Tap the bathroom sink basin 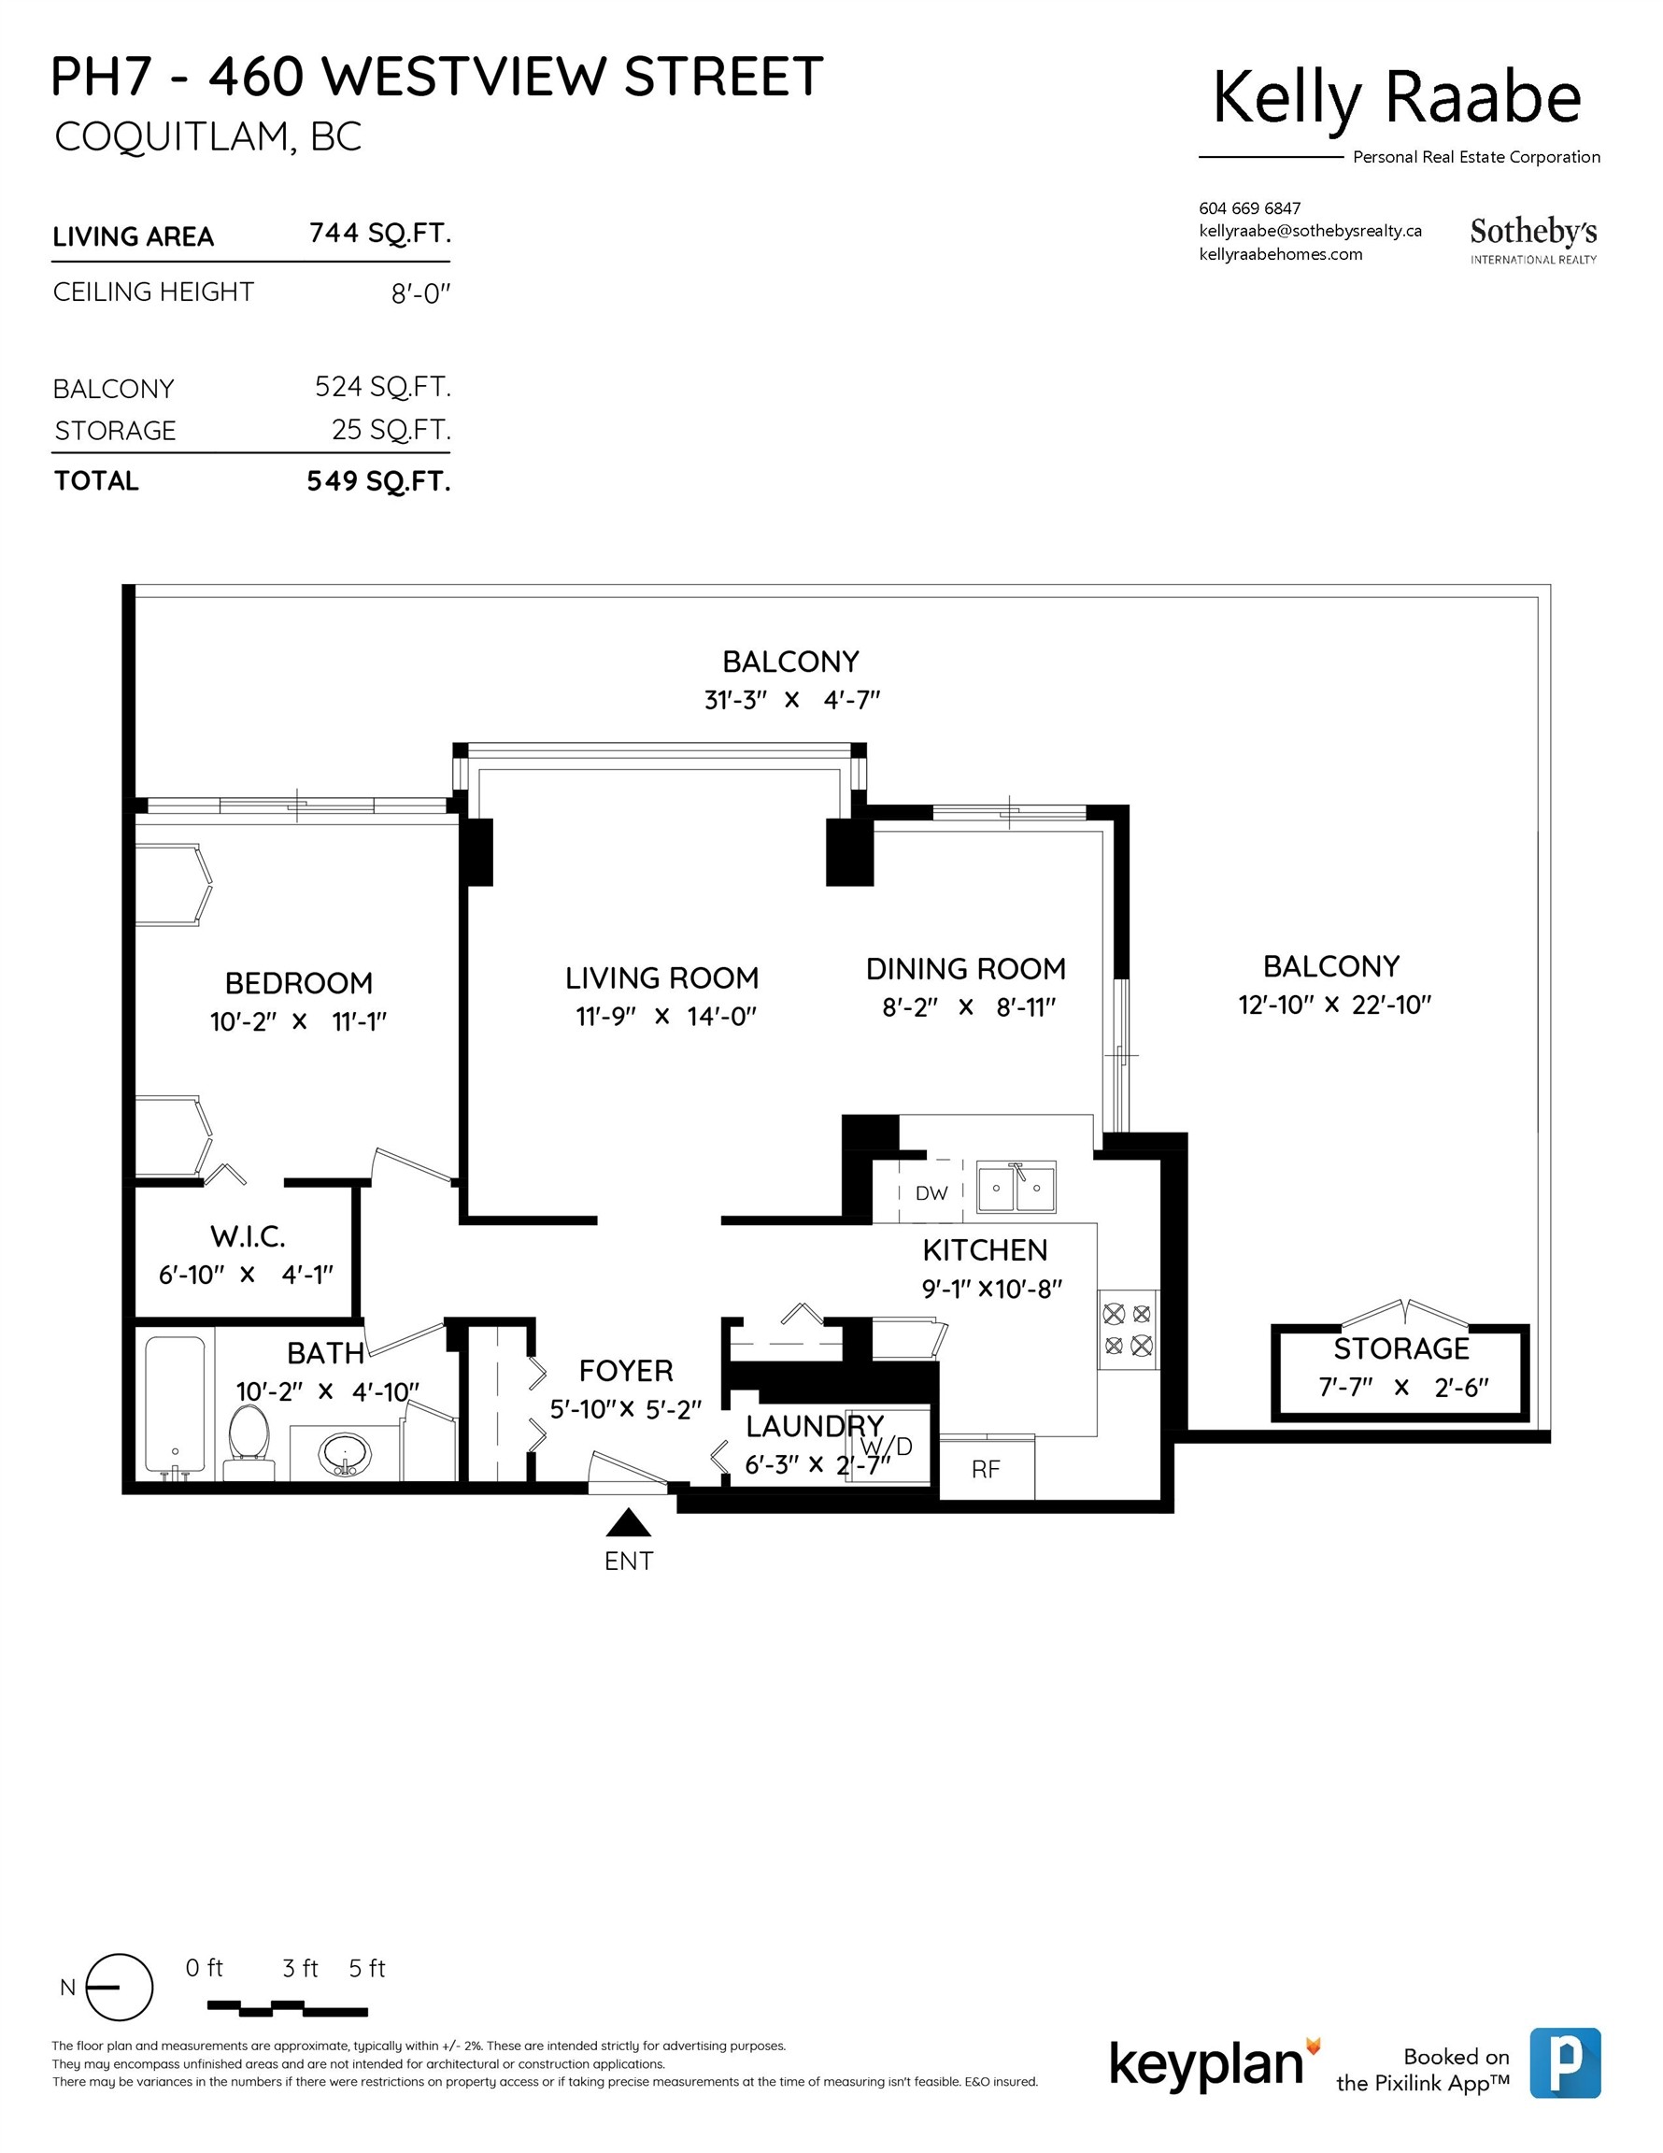pos(344,1453)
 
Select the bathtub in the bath pos(176,1404)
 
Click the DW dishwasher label pos(931,1192)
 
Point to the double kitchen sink pos(1016,1187)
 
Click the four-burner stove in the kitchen pos(1128,1329)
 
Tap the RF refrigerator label pos(985,1470)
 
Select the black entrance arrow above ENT pos(628,1524)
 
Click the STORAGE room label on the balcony pos(1400,1347)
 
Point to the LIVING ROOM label pos(661,978)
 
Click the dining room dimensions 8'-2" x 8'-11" pos(968,1006)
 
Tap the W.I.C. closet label pos(248,1236)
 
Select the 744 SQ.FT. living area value pos(379,234)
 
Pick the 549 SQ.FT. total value pos(378,481)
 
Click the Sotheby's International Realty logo pos(1533,240)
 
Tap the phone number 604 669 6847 pos(1249,208)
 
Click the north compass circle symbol pos(120,1988)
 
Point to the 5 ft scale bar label pos(367,1969)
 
